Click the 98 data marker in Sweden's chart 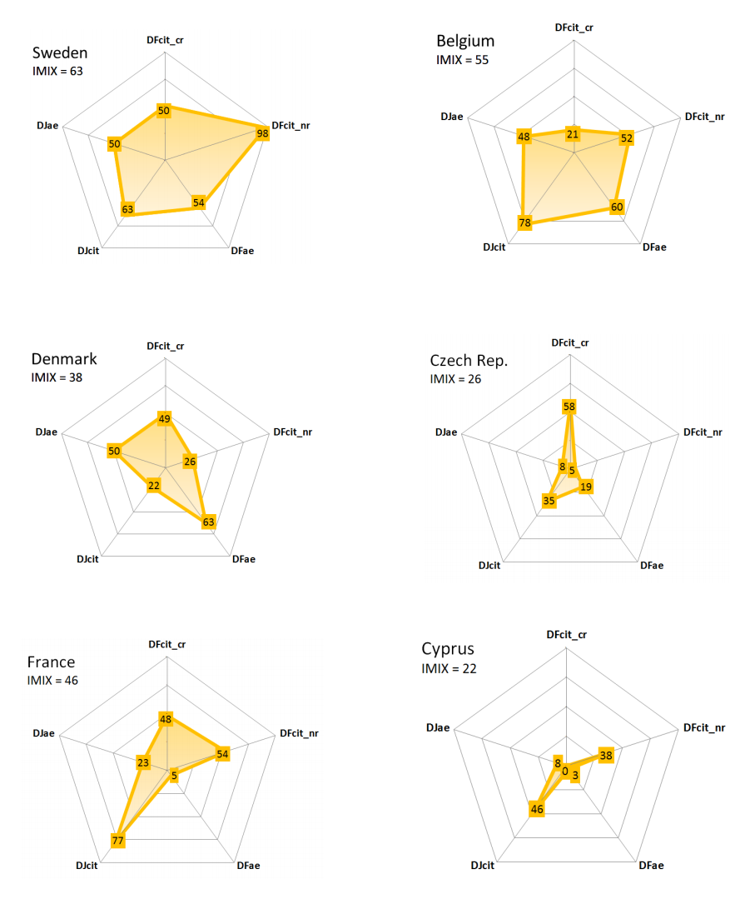coord(263,133)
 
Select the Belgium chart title coord(465,41)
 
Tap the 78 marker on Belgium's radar coord(525,222)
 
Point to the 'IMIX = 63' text coord(57,71)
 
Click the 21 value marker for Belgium coord(573,133)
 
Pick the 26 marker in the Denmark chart coord(190,462)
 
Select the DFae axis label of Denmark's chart coord(243,558)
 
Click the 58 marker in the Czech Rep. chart coord(569,407)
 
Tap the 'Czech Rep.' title coord(469,361)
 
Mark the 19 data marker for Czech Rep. coord(587,487)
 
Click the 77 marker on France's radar coord(118,841)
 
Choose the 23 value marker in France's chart coord(143,762)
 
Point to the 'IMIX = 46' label coord(52,681)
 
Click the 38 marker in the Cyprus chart coord(606,756)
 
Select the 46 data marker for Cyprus coord(537,809)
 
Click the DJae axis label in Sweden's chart coord(47,126)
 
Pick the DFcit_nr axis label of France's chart coord(299,733)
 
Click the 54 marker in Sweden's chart coord(199,202)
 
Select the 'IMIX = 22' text coord(449,668)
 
